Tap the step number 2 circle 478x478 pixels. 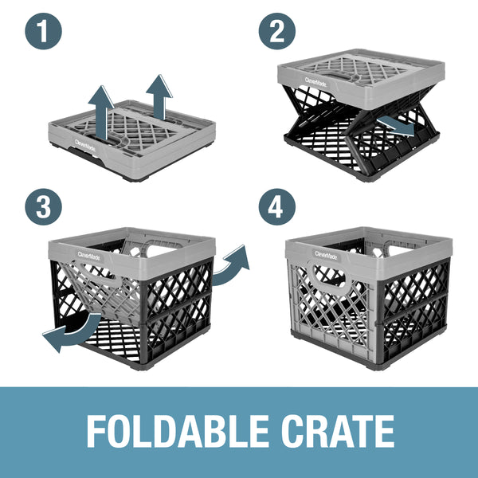tap(276, 33)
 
